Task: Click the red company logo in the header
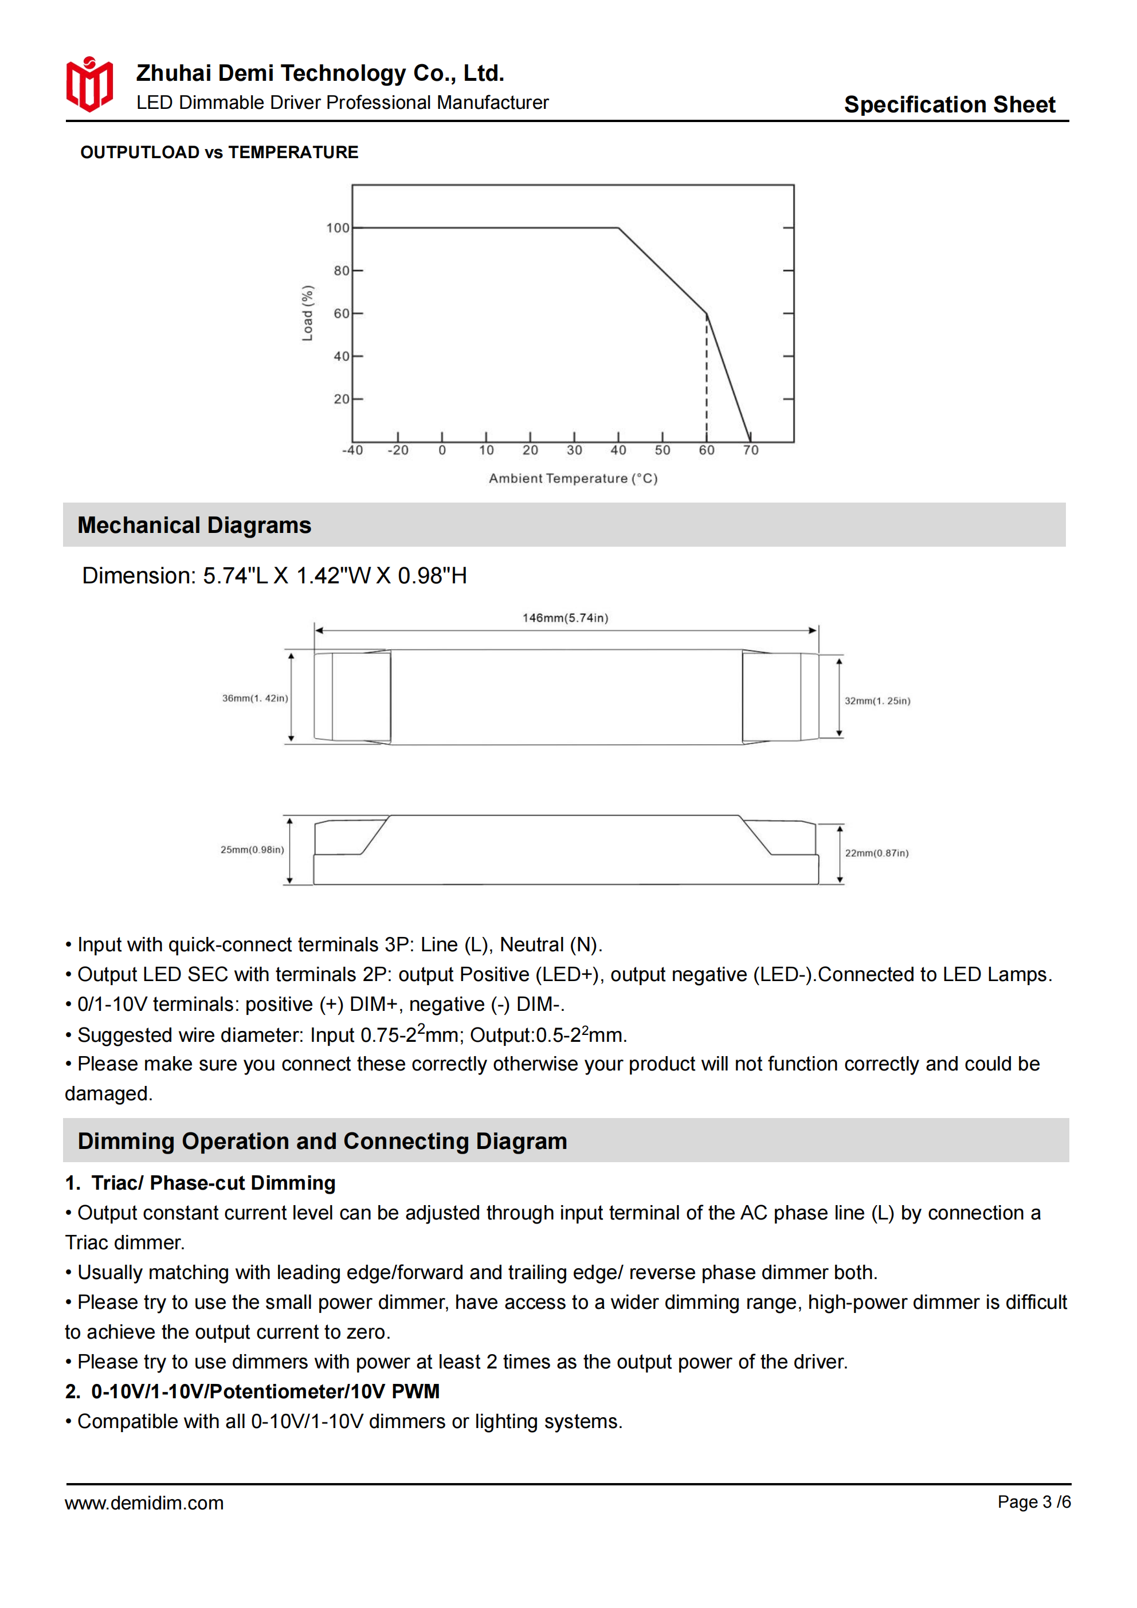coord(89,85)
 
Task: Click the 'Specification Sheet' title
coord(948,104)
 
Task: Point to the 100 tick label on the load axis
coord(337,228)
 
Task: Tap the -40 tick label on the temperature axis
coord(352,450)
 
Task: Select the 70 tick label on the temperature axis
coord(750,450)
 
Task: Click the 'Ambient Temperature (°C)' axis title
coord(573,479)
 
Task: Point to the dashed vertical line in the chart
coord(706,378)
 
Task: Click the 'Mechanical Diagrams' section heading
coord(194,525)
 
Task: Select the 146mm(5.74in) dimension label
coord(565,618)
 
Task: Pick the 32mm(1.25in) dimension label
coord(877,701)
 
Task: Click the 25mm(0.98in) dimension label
coord(252,849)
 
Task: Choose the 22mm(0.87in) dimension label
coord(876,853)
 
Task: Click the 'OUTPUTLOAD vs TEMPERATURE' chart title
coord(219,152)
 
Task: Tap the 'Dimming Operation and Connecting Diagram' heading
coord(322,1141)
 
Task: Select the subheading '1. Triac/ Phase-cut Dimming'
coord(201,1183)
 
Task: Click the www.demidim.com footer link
coord(144,1503)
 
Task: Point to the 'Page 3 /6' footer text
coord(1034,1501)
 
